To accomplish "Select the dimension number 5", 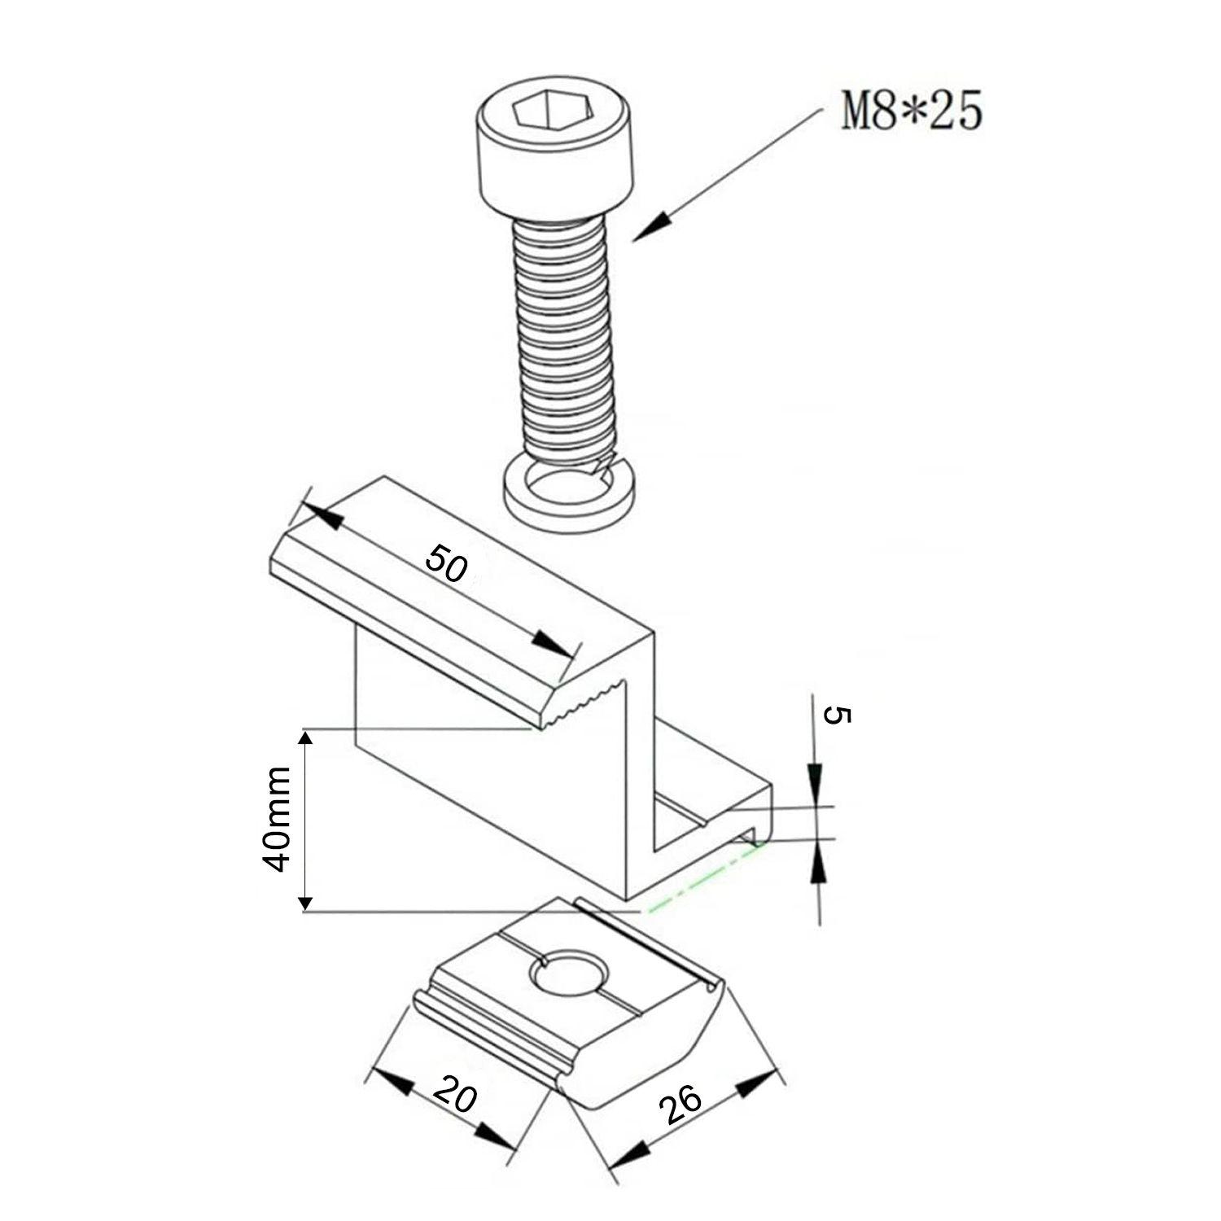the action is (x=838, y=716).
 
